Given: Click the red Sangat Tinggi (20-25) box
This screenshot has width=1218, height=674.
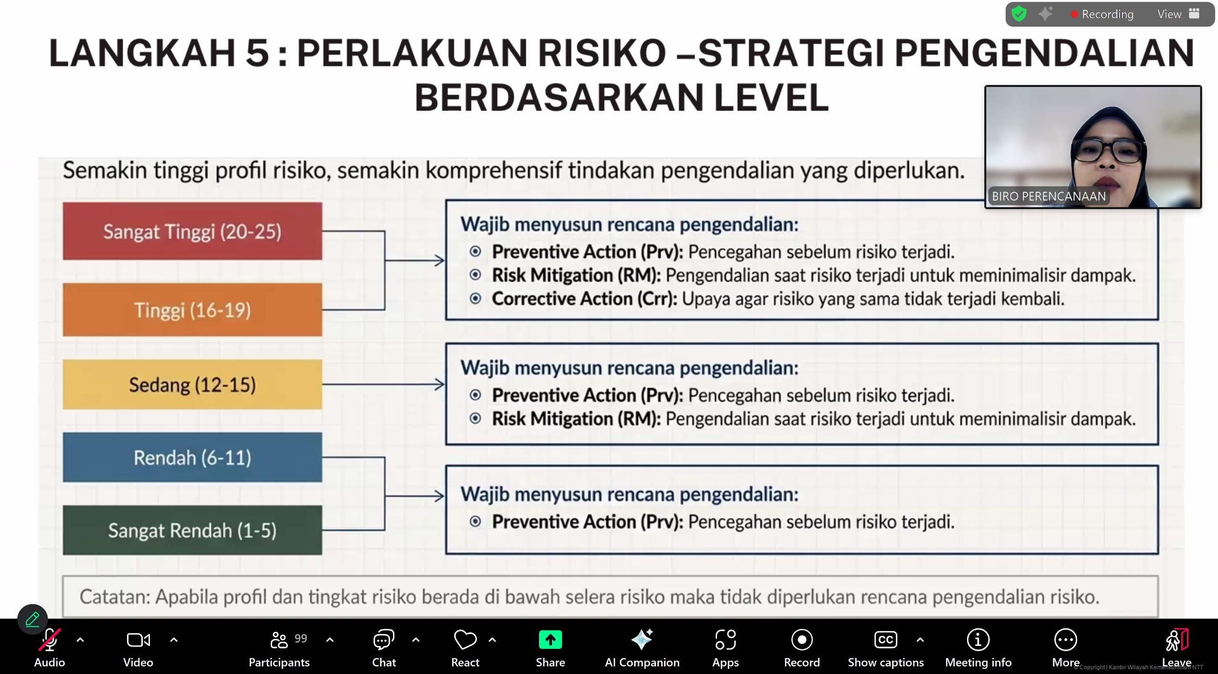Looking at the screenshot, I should (192, 231).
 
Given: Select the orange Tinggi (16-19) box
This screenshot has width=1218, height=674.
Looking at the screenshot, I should (192, 310).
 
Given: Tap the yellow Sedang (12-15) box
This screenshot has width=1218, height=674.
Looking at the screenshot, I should (192, 384).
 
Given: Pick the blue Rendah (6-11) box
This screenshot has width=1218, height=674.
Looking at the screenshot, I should (192, 457).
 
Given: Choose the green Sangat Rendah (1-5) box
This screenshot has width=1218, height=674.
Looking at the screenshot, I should (192, 530).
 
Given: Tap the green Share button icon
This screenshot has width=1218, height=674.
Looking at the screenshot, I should (550, 640).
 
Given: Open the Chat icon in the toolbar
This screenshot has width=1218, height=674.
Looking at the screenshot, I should (383, 640).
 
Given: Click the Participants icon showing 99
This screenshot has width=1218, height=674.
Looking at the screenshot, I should (279, 640).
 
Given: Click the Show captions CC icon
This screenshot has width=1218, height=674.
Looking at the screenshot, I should (885, 640).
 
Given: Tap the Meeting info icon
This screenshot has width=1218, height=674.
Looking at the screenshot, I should (978, 640).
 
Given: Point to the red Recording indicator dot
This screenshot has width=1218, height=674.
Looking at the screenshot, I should (1074, 15).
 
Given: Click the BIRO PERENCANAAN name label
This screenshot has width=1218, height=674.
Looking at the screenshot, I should (1049, 196).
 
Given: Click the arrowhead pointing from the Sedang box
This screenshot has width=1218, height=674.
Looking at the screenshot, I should (440, 384).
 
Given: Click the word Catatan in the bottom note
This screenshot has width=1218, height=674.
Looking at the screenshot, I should (114, 597).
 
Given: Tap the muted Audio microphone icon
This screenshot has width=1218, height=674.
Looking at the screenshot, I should (49, 640).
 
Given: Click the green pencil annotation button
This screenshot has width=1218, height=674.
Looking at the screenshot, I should (32, 619).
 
